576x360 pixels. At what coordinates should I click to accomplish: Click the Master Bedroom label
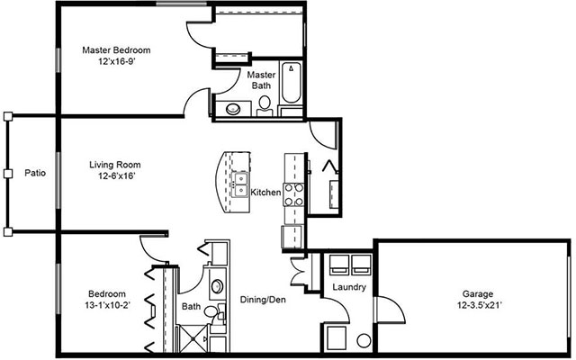tap(116, 50)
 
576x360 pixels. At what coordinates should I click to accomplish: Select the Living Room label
tap(114, 165)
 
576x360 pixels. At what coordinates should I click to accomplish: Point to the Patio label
tap(35, 172)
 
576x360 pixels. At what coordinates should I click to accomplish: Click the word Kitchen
tap(266, 193)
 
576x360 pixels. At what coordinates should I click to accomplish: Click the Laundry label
tap(347, 287)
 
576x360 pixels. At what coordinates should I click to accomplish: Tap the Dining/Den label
tap(263, 300)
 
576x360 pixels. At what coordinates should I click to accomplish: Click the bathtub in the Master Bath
tap(292, 90)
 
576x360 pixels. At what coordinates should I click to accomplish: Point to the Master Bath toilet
tap(265, 108)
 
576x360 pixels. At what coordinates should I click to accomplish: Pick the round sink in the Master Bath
tap(233, 109)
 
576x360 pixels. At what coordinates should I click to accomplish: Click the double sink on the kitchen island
tap(242, 187)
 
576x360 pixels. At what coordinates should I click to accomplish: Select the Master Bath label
tap(261, 80)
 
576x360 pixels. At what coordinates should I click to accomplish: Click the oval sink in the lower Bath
tap(218, 289)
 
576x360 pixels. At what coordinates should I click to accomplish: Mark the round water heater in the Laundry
tap(364, 342)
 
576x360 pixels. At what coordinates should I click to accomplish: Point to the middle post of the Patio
tap(7, 173)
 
